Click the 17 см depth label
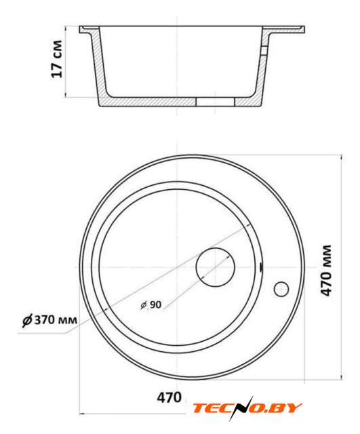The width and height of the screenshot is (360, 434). (57, 59)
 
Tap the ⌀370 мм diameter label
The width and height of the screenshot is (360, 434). (49, 320)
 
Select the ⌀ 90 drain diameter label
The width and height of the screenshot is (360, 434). (151, 304)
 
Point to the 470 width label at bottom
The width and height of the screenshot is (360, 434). (169, 398)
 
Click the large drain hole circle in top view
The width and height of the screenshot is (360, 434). (216, 267)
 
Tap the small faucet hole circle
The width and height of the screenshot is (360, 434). (281, 289)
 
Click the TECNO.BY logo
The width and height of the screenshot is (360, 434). (247, 408)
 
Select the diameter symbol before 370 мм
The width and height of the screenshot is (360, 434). (27, 321)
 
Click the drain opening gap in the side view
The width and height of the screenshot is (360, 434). (216, 102)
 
